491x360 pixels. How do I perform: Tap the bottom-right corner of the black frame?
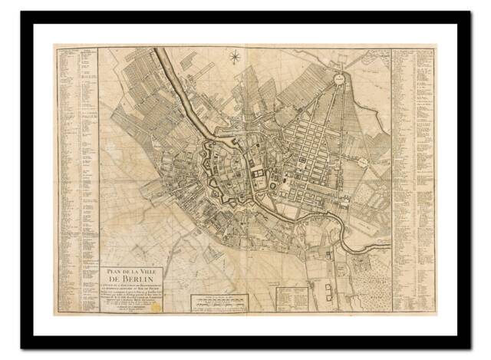[x=469, y=347]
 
